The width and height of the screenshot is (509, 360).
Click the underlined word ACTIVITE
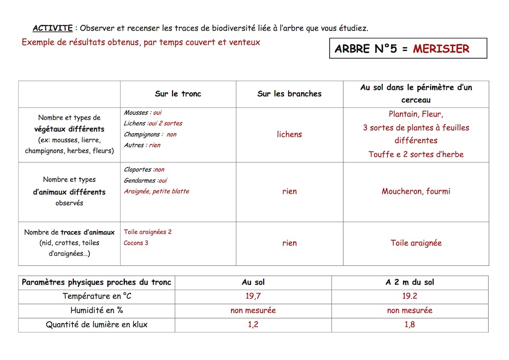[52, 28]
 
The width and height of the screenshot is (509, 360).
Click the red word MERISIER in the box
[441, 49]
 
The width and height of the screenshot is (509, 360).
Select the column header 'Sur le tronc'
[178, 94]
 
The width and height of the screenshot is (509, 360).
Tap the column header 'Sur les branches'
[290, 94]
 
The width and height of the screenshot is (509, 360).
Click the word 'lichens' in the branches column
[290, 134]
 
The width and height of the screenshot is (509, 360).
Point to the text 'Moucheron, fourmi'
[416, 191]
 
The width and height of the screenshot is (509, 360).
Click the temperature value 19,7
[253, 296]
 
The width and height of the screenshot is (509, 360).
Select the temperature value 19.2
[410, 296]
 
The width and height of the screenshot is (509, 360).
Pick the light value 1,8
[410, 324]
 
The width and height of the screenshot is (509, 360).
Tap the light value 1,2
[253, 324]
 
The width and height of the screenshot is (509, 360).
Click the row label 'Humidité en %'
[97, 310]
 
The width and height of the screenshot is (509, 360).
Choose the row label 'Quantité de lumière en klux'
[97, 324]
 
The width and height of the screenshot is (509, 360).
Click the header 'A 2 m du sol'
[410, 282]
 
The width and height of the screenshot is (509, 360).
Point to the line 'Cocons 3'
[136, 243]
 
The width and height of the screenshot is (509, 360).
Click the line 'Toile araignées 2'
[148, 232]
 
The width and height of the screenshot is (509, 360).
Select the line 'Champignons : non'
[150, 134]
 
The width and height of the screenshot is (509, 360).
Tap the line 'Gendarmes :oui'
[145, 180]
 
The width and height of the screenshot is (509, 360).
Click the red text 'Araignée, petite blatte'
[156, 191]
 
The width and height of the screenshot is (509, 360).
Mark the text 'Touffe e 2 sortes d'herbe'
[416, 154]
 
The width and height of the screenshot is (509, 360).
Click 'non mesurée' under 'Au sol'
[253, 310]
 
